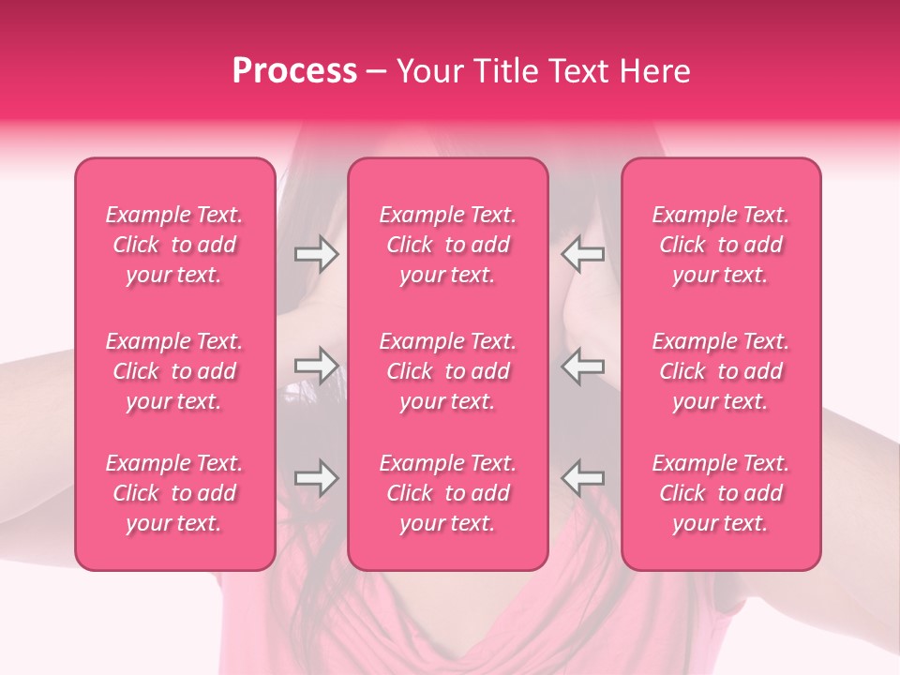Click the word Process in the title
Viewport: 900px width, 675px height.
(294, 70)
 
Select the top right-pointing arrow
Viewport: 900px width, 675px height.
(316, 253)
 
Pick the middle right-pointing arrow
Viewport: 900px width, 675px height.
(316, 366)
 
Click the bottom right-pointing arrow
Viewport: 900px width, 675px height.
(316, 478)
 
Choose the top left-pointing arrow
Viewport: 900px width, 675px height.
(582, 253)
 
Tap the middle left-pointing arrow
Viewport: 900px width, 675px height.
(582, 366)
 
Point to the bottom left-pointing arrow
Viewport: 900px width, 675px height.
(582, 478)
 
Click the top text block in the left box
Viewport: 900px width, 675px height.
(174, 245)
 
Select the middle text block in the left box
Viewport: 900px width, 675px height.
(174, 371)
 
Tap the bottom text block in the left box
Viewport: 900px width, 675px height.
(174, 493)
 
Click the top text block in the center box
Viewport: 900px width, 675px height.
(448, 245)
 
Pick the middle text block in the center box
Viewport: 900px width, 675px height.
(448, 371)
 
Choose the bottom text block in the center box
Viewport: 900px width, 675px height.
(448, 493)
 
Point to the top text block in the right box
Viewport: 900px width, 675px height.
(721, 245)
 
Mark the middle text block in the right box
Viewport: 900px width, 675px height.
(721, 371)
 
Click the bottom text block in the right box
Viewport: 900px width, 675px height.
(721, 493)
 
